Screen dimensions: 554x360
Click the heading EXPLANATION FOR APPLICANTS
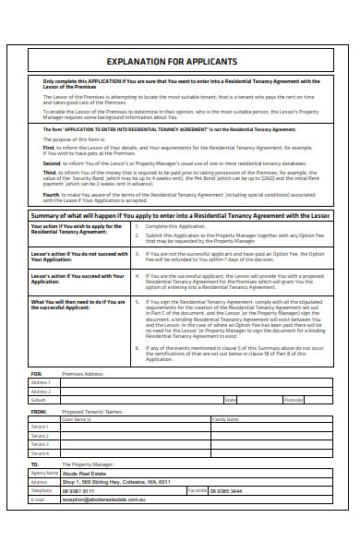(x=179, y=60)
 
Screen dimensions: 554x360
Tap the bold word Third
(x=50, y=172)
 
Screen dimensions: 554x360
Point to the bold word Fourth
(x=52, y=194)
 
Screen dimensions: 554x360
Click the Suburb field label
(x=40, y=400)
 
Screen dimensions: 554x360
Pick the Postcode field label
(x=293, y=400)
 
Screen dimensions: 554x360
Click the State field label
(x=230, y=400)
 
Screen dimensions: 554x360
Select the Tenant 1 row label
(x=41, y=427)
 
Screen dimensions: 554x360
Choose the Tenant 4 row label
(x=41, y=452)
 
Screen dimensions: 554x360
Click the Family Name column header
(x=225, y=418)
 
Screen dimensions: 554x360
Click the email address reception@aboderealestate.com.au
(x=103, y=500)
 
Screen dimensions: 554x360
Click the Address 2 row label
(x=41, y=391)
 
